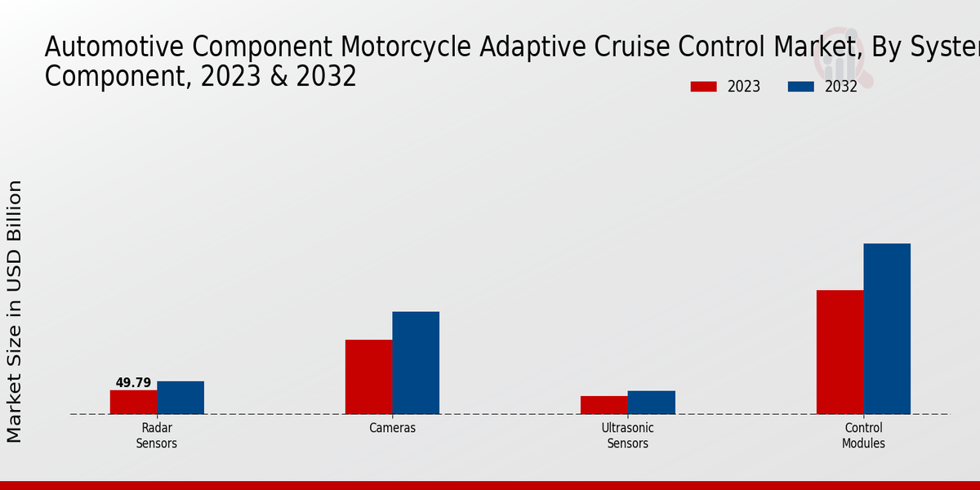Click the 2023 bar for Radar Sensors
click(133, 402)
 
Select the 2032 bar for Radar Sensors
click(180, 398)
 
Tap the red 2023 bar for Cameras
click(368, 376)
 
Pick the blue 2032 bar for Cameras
click(416, 363)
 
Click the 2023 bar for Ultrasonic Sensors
click(604, 405)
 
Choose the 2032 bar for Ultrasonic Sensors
click(651, 403)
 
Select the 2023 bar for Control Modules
click(840, 352)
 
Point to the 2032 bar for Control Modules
click(887, 328)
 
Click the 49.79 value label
click(133, 382)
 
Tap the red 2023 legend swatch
click(703, 87)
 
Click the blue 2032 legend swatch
click(801, 87)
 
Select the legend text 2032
click(841, 87)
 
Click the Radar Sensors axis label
click(157, 435)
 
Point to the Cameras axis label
click(392, 428)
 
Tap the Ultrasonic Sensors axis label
click(627, 435)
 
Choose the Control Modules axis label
click(863, 435)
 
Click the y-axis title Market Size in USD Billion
click(15, 311)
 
